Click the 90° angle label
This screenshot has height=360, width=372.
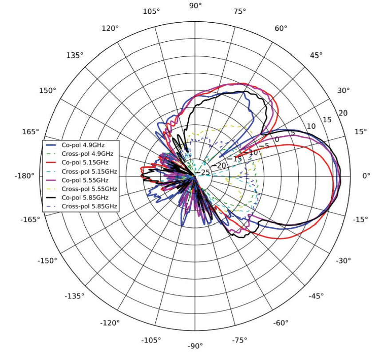195,6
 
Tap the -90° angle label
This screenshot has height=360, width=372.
195,346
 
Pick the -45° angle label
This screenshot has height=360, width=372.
317,296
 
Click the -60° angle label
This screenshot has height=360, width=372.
281,323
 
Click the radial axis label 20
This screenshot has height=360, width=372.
343,113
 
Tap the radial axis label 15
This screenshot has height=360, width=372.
327,119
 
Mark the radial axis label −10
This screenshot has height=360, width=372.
253,152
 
